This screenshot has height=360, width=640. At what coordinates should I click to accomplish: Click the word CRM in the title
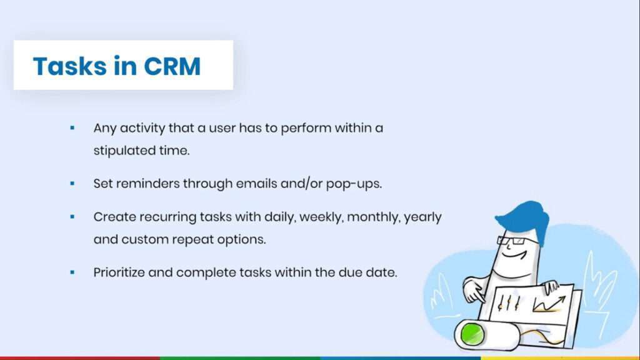pos(172,66)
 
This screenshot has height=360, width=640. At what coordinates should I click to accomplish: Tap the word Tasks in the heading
pos(70,66)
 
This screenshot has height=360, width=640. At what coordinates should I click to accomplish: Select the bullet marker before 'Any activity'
pos(72,127)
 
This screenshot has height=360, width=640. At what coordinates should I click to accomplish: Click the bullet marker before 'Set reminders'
pos(72,184)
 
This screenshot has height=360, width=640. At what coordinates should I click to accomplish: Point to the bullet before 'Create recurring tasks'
pos(72,217)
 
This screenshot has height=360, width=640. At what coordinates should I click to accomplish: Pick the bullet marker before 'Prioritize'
pos(72,272)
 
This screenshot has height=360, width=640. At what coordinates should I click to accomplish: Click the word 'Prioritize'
pos(119,272)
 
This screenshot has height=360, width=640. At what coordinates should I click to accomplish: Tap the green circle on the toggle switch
pos(472,334)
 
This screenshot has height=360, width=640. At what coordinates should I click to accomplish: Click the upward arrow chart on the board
pos(549,304)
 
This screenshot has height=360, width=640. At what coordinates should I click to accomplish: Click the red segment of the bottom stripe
pos(80,358)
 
